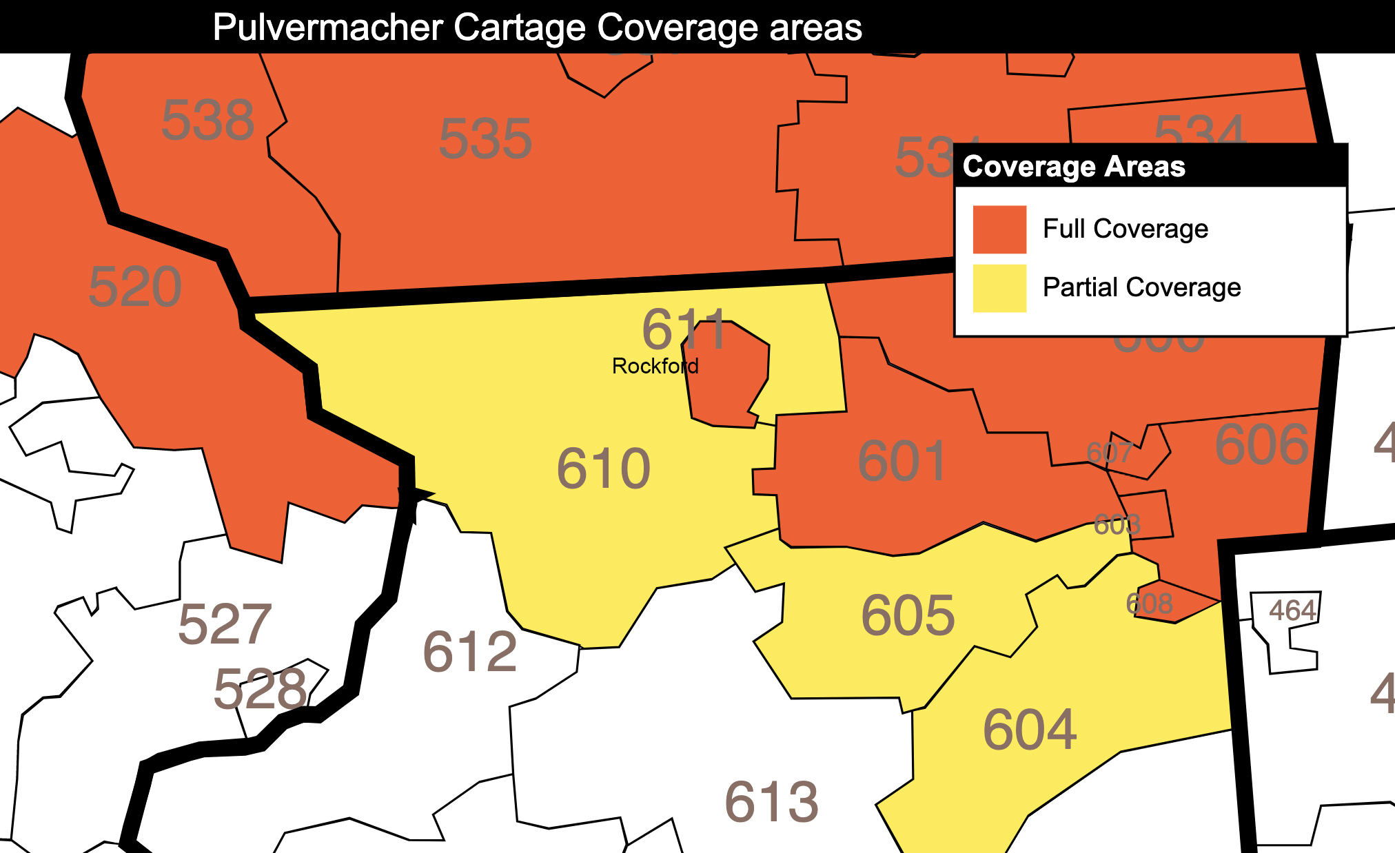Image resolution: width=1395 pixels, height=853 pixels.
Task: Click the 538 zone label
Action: tap(207, 121)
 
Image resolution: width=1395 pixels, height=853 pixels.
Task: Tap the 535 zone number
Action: tap(485, 139)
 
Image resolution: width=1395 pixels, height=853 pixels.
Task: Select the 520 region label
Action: tap(135, 287)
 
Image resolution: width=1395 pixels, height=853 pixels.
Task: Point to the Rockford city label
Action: tap(655, 366)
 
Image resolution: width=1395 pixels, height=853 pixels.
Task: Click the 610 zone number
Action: tap(603, 469)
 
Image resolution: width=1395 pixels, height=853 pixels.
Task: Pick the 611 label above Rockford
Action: tap(684, 329)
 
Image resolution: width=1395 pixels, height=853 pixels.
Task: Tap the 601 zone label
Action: tap(903, 462)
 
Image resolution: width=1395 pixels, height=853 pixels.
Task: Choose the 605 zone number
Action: tap(908, 615)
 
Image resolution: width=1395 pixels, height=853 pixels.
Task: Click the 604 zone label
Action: tap(1029, 730)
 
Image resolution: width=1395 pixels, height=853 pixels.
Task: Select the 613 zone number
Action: tap(771, 803)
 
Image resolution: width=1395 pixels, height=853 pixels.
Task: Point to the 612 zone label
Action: tap(469, 652)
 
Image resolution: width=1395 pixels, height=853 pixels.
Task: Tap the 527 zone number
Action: tap(225, 625)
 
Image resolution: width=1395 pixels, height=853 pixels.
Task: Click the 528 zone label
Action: tap(260, 689)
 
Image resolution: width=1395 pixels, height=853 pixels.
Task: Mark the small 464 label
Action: tap(1292, 610)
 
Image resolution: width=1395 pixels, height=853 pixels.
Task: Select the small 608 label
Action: tap(1149, 604)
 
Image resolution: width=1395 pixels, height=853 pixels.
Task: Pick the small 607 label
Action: tap(1109, 453)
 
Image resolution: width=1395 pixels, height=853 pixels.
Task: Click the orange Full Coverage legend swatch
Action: tap(999, 229)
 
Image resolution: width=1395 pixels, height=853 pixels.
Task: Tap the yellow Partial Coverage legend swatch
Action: tap(999, 288)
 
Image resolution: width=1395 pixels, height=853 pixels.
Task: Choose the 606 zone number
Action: tap(1261, 445)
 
